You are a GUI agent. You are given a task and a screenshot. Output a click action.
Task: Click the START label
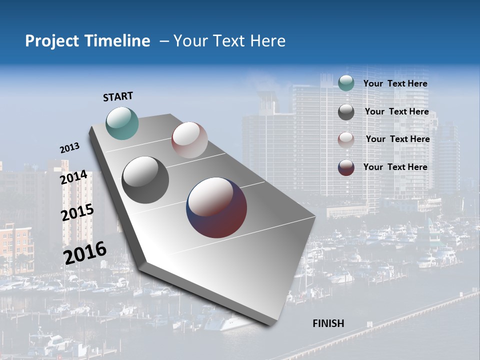pyautogui.click(x=118, y=96)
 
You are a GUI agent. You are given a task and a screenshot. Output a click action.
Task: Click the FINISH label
pyautogui.click(x=328, y=323)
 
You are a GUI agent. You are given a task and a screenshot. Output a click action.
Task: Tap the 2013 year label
pyautogui.click(x=69, y=148)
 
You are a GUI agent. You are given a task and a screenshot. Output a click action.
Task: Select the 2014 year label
pyautogui.click(x=74, y=177)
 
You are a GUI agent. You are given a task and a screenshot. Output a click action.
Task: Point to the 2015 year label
pyautogui.click(x=77, y=212)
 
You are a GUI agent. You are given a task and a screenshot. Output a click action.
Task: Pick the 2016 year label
pyautogui.click(x=85, y=253)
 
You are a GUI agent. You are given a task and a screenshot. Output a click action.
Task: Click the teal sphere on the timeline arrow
pyautogui.click(x=122, y=123)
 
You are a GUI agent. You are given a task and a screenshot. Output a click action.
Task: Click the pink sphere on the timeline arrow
pyautogui.click(x=189, y=140)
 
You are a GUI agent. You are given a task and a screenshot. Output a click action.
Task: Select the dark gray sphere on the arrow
pyautogui.click(x=145, y=180)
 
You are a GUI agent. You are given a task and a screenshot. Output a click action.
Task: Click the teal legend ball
pyautogui.click(x=346, y=83)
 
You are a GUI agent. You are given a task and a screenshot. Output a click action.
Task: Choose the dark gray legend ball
pyautogui.click(x=346, y=112)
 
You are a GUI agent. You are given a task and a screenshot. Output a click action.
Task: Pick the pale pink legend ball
pyautogui.click(x=346, y=139)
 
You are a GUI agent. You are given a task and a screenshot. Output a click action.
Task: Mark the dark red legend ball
pyautogui.click(x=346, y=167)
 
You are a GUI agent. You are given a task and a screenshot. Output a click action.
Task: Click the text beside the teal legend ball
pyautogui.click(x=395, y=83)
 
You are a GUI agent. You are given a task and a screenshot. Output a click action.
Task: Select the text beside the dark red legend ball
pyautogui.click(x=395, y=167)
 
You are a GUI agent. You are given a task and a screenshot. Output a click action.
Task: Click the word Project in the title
pyautogui.click(x=52, y=41)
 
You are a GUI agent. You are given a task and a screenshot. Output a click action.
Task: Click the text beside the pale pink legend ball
pyautogui.click(x=397, y=139)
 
